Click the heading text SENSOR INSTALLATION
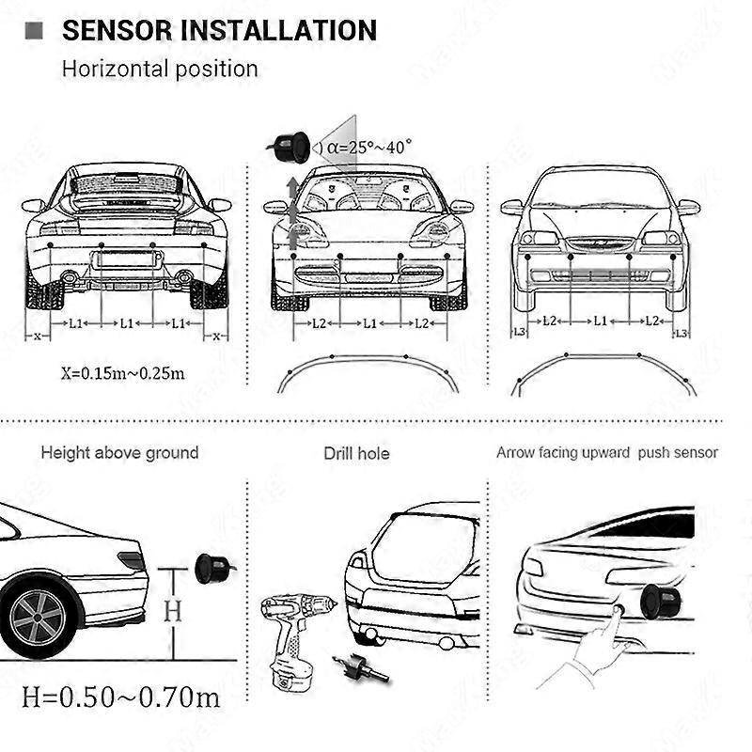218,30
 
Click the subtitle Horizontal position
160,69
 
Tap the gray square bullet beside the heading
37,30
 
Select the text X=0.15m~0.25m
122,372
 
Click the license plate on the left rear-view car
126,259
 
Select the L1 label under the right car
600,321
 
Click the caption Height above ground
119,453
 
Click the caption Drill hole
356,454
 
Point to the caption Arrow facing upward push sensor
606,453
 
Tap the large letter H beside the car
172,611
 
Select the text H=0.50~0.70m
121,697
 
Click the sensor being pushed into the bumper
656,599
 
